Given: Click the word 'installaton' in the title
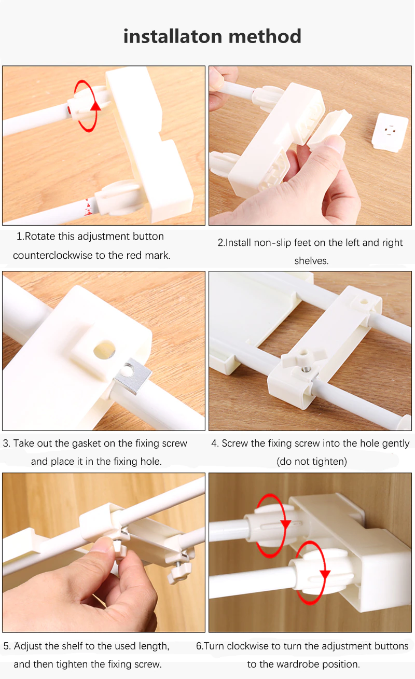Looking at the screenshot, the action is pyautogui.click(x=173, y=36).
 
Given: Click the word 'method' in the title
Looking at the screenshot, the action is pyautogui.click(x=265, y=36).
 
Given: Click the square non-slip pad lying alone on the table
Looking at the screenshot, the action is pyautogui.click(x=390, y=132).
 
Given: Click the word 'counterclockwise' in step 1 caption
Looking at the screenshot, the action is pyautogui.click(x=53, y=255).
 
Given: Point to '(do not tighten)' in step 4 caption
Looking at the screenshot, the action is pyautogui.click(x=312, y=461).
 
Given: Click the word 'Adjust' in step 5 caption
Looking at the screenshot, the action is pyautogui.click(x=28, y=646).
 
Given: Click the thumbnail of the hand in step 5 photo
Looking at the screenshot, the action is pyautogui.click(x=102, y=547).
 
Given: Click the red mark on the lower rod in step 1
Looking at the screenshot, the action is pyautogui.click(x=88, y=207).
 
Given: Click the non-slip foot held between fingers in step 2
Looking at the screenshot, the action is pyautogui.click(x=329, y=127).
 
